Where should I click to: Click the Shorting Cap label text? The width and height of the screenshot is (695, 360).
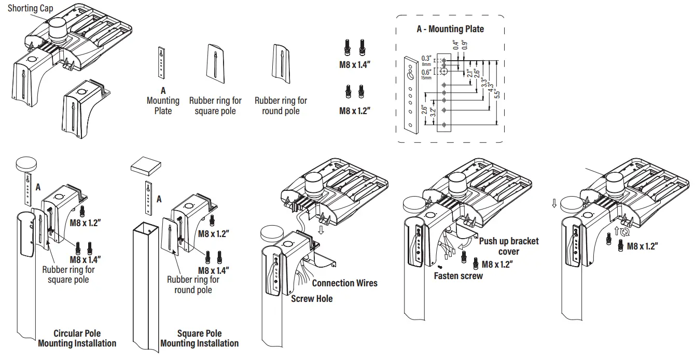(30, 8)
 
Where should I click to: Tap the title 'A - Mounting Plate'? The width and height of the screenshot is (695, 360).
(450, 29)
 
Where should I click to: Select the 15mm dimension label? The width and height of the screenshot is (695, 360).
(426, 78)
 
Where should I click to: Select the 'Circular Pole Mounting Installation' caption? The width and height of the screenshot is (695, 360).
(77, 338)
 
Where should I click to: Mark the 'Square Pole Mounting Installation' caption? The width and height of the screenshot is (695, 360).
(199, 338)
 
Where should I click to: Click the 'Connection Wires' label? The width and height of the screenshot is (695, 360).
(344, 283)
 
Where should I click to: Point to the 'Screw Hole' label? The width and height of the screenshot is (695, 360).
(312, 299)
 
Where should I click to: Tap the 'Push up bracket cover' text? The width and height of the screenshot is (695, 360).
(508, 246)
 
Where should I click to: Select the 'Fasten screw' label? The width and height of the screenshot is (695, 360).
(458, 276)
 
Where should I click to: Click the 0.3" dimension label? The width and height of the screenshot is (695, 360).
(426, 58)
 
